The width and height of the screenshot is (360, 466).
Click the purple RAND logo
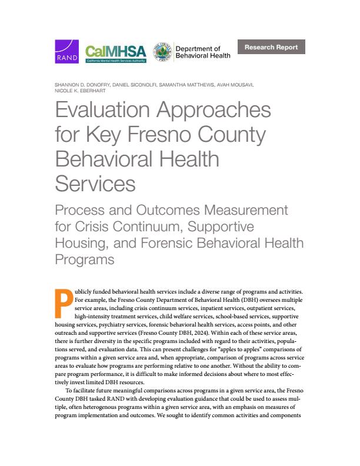(66, 51)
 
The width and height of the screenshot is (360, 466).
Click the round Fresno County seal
(162, 52)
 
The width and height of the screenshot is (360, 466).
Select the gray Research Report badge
(271, 47)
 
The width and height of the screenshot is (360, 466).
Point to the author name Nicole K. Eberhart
(78, 92)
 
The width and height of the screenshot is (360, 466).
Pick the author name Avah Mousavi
(237, 86)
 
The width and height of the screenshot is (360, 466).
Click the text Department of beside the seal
(198, 49)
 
